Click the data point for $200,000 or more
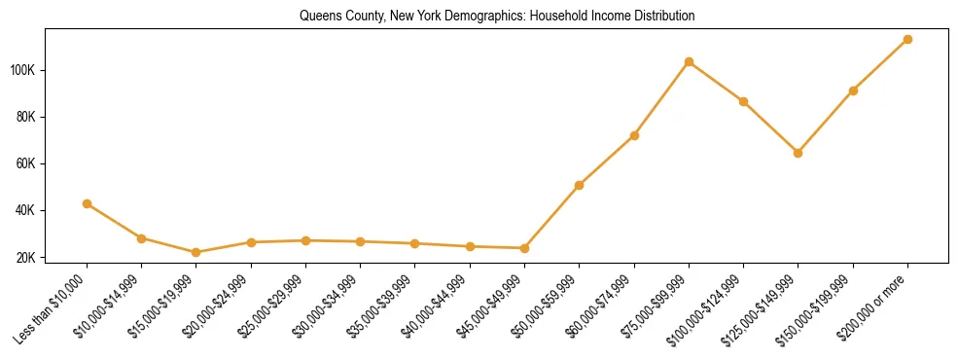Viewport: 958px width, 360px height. click(x=907, y=39)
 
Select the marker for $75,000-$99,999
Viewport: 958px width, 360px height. click(x=689, y=61)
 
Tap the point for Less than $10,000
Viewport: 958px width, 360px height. click(x=88, y=203)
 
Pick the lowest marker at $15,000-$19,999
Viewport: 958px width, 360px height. click(x=196, y=252)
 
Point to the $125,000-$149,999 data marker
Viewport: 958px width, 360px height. click(x=798, y=153)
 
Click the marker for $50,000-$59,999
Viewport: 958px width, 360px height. click(x=580, y=185)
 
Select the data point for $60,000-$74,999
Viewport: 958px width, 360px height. click(x=634, y=135)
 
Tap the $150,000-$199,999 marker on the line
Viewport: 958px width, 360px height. click(x=853, y=90)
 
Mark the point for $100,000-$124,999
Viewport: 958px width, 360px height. click(x=743, y=101)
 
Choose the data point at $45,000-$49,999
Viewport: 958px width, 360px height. click(x=524, y=248)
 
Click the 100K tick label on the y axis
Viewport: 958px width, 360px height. click(x=23, y=70)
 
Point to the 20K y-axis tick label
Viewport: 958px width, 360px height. click(x=26, y=258)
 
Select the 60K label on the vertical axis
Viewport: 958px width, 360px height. click(x=26, y=163)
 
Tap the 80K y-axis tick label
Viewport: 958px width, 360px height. click(x=26, y=117)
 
